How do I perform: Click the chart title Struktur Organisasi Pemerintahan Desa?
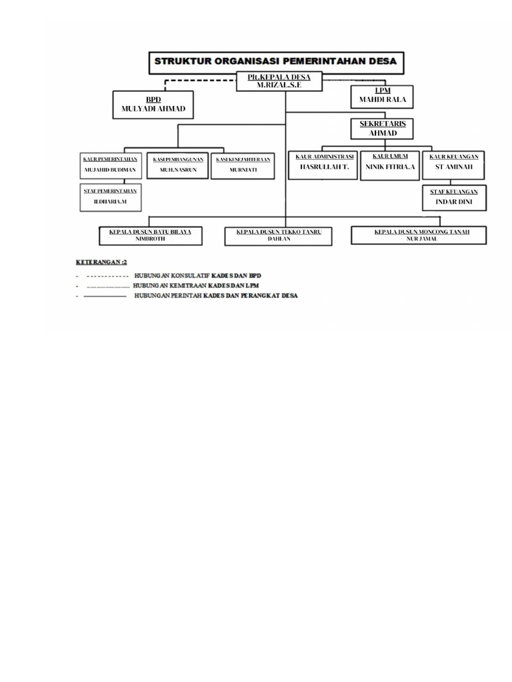pyautogui.click(x=276, y=61)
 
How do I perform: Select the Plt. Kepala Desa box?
pyautogui.click(x=279, y=81)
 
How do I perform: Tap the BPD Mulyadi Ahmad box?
pyautogui.click(x=153, y=105)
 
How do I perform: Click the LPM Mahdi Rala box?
pyautogui.click(x=382, y=97)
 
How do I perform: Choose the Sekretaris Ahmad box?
pyautogui.click(x=382, y=129)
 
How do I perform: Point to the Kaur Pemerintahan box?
pyautogui.click(x=111, y=165)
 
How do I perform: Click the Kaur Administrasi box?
pyautogui.click(x=325, y=165)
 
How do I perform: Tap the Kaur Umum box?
pyautogui.click(x=391, y=165)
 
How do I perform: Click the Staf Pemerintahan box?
pyautogui.click(x=111, y=196)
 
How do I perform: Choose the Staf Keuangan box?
pyautogui.click(x=453, y=196)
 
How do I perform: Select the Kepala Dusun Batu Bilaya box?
pyautogui.click(x=150, y=235)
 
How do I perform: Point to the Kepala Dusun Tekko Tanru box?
pyautogui.click(x=279, y=235)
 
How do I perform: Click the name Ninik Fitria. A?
pyautogui.click(x=391, y=167)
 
